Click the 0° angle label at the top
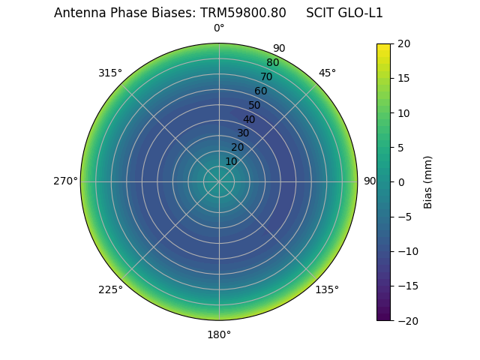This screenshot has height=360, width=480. (x=219, y=28)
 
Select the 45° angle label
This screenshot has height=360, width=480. (x=327, y=73)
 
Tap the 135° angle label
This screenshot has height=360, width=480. (x=327, y=289)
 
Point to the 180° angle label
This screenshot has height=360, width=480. (x=219, y=334)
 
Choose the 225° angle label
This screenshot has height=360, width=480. (x=110, y=289)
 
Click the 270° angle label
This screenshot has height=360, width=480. (x=65, y=181)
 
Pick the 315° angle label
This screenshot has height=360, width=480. (x=110, y=73)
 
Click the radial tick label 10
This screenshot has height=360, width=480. (x=231, y=161)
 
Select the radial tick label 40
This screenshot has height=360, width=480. (x=249, y=119)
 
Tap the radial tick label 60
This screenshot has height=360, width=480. (x=261, y=91)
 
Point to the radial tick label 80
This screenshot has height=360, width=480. (x=273, y=63)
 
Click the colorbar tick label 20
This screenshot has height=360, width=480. (x=403, y=43)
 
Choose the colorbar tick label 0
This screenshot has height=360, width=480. (x=400, y=182)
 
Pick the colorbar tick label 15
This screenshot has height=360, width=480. (x=403, y=78)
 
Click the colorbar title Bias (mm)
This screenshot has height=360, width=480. (x=428, y=182)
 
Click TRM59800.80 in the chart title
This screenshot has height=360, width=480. (x=243, y=13)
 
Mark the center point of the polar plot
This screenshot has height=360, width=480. (x=219, y=181)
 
